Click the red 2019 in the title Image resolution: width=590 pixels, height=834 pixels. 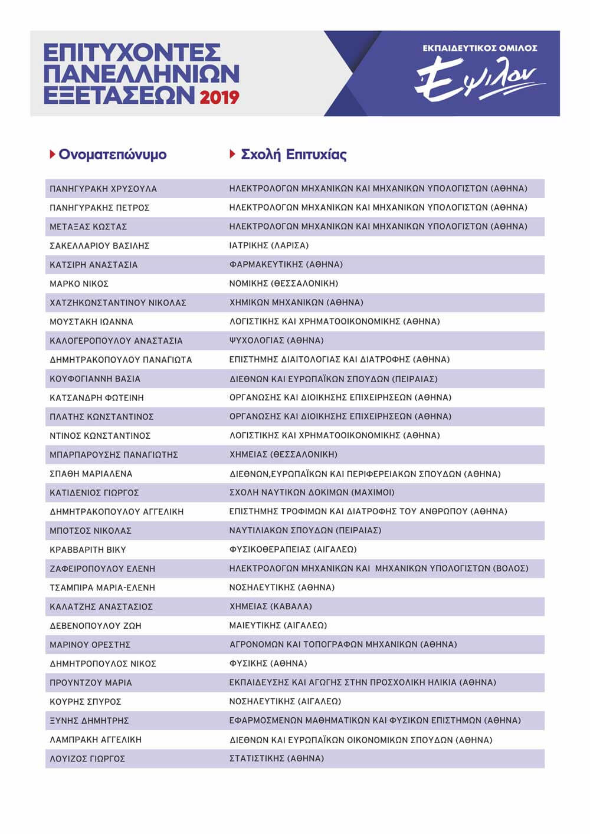[219, 97]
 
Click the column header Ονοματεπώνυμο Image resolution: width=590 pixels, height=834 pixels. [112, 155]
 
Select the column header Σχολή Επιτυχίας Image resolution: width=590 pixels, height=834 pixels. [293, 155]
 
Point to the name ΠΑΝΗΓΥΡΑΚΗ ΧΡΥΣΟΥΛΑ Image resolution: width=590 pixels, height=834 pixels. [103, 189]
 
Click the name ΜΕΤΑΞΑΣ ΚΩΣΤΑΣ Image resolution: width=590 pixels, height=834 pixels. [88, 226]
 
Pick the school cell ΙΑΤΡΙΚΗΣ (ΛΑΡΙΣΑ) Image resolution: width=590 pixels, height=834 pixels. [268, 245]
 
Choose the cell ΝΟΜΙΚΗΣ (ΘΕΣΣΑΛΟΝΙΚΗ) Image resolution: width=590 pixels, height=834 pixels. [283, 283]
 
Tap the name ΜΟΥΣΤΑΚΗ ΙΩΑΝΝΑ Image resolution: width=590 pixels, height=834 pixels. [91, 321]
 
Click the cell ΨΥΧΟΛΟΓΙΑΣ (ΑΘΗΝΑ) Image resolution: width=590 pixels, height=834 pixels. [276, 340]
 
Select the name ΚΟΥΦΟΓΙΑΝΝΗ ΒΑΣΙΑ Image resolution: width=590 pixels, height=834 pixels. [95, 379]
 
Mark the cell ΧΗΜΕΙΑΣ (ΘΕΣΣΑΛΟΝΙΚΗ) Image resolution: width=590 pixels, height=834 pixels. [283, 454]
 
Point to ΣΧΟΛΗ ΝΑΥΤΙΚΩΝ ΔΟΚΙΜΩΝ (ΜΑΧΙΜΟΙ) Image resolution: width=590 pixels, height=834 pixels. [312, 492]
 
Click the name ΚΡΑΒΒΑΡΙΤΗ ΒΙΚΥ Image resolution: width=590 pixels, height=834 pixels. [88, 550]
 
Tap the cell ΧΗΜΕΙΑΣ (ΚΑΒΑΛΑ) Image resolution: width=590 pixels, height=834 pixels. [270, 606]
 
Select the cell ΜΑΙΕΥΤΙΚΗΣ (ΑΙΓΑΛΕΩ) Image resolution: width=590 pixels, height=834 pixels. [278, 625]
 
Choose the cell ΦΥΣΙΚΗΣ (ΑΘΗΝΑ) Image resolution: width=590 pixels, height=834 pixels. [268, 663]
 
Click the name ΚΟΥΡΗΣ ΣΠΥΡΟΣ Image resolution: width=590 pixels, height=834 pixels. [86, 701]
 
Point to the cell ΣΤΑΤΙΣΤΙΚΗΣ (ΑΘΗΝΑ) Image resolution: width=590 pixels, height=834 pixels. [276, 759]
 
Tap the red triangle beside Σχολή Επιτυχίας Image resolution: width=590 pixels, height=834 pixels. [232, 155]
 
